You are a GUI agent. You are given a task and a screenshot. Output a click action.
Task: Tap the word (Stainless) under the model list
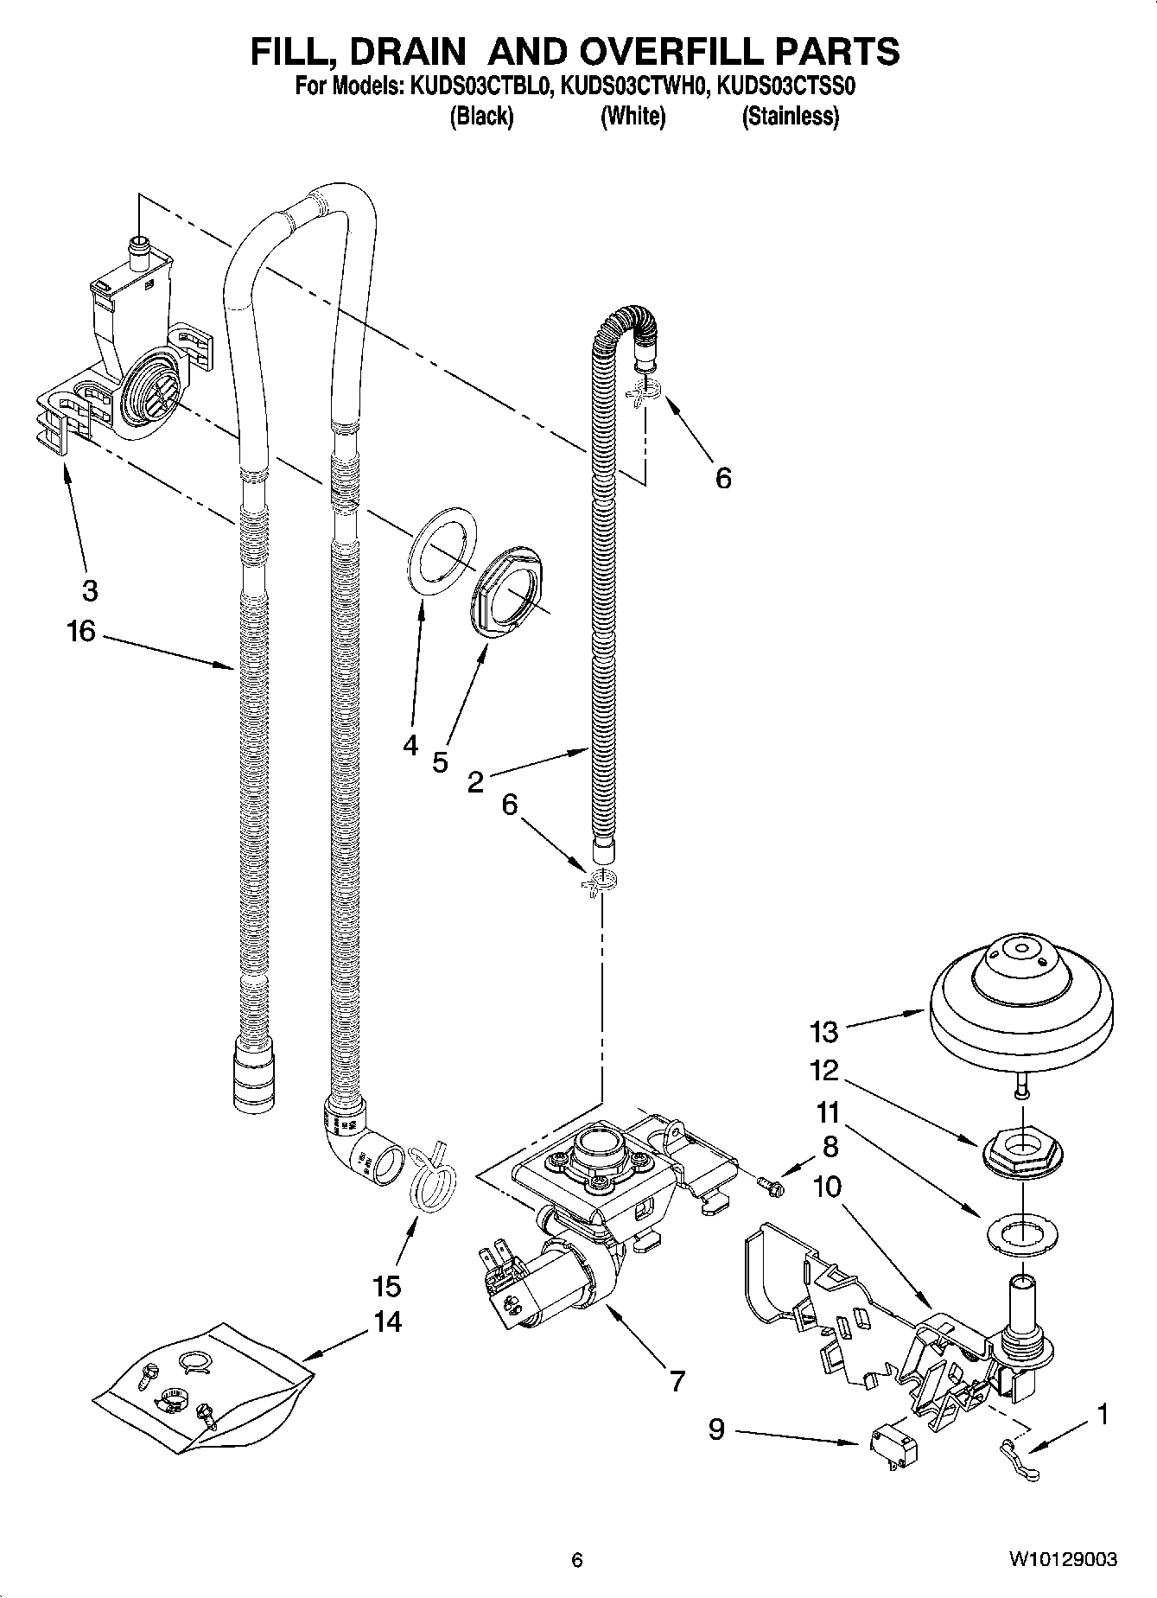(790, 116)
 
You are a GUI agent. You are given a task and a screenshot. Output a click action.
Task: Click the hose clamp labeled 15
(429, 1175)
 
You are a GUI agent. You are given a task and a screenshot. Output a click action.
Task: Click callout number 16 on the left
(80, 632)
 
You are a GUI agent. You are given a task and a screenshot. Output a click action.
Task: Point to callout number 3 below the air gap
(90, 591)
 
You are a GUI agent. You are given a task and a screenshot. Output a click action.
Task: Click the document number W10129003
(1062, 1560)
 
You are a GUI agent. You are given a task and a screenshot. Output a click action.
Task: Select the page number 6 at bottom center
(577, 1560)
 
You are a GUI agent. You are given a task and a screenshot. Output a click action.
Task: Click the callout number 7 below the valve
(677, 1381)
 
